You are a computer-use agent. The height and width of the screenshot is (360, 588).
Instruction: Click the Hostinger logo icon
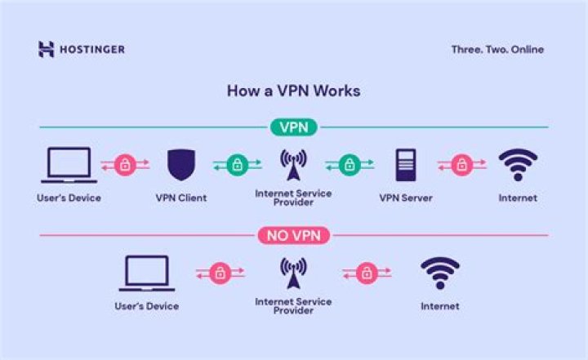(46, 49)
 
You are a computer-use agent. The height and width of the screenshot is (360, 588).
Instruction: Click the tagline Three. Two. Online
(497, 50)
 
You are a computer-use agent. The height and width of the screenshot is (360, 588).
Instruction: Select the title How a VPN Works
(294, 91)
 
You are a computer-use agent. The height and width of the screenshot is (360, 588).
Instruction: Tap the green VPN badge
(293, 127)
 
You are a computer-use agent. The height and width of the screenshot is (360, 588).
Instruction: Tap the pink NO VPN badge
(294, 236)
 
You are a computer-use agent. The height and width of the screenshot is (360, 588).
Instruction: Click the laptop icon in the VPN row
(69, 166)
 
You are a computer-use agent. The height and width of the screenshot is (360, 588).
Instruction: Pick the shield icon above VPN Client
(181, 165)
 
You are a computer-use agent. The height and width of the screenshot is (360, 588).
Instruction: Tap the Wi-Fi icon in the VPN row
(518, 164)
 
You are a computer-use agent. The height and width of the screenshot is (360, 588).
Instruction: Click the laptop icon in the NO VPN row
(147, 273)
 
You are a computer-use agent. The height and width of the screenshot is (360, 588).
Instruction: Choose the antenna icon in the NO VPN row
(294, 273)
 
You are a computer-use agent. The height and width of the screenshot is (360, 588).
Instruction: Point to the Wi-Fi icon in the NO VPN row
(439, 273)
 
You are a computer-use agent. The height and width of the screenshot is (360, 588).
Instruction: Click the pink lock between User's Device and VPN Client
(125, 165)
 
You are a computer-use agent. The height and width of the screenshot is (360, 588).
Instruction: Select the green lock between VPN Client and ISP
(237, 165)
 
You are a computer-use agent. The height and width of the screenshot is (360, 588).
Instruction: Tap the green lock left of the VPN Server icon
(350, 165)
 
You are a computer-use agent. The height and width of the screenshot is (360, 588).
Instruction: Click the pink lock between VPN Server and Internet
(462, 165)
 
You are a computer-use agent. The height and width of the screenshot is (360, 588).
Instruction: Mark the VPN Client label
(181, 198)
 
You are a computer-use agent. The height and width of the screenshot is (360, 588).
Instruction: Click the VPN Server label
(406, 198)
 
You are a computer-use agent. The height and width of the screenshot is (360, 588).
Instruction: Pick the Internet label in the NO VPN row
(439, 307)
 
